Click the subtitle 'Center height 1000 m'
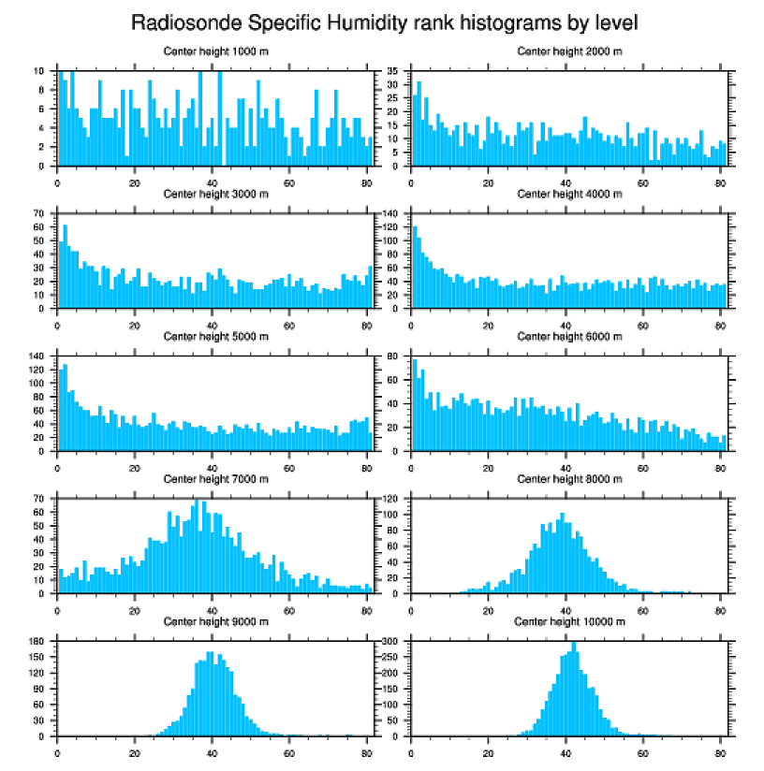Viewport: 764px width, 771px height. tap(215, 51)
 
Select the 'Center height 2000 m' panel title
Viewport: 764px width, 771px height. tap(569, 51)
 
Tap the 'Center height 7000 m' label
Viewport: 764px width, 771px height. tap(215, 479)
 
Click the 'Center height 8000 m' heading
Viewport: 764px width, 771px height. tap(569, 479)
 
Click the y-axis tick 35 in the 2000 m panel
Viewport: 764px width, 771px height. tap(394, 71)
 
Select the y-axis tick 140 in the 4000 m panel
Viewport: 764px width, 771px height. tap(391, 214)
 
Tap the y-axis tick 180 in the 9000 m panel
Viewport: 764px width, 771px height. tap(38, 642)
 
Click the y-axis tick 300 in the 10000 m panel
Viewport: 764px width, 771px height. tap(391, 642)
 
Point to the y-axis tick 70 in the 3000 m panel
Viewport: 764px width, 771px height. tap(40, 214)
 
